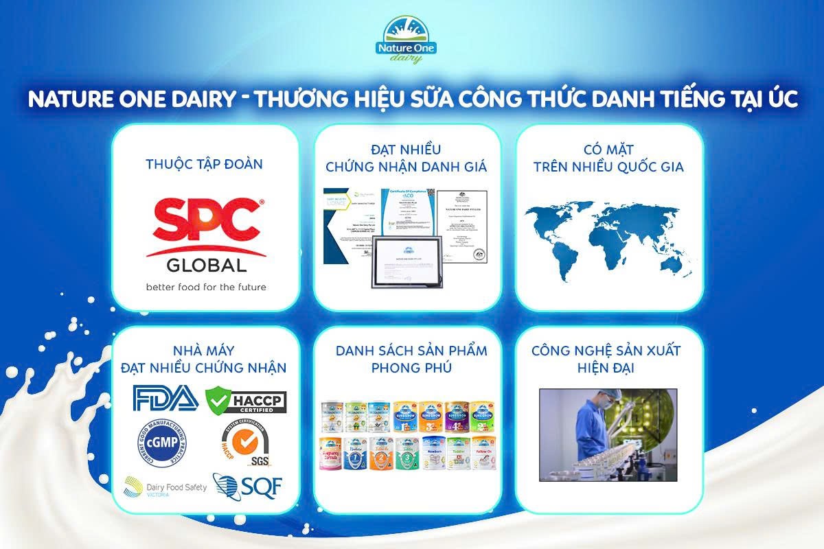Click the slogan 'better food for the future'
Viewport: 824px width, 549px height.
point(205,286)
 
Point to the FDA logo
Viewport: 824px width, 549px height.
point(165,398)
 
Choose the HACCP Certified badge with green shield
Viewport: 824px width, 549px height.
point(246,399)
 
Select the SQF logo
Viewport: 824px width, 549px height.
point(247,485)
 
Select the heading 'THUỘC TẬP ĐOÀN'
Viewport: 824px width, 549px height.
point(205,164)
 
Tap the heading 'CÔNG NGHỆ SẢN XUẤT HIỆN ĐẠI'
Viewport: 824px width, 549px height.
point(606,360)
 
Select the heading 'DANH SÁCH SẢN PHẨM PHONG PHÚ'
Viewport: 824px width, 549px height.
point(411,360)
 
